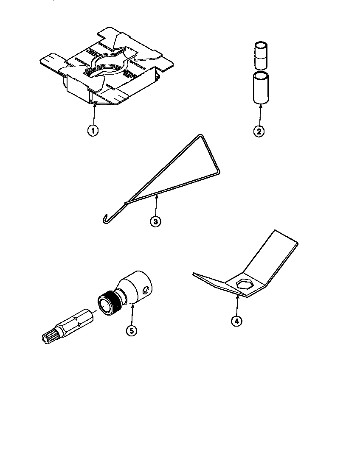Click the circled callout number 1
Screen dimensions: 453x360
(94, 130)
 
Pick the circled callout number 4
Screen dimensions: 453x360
(237, 321)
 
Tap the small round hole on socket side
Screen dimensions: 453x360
(145, 290)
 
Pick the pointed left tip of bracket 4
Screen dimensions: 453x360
(194, 274)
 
